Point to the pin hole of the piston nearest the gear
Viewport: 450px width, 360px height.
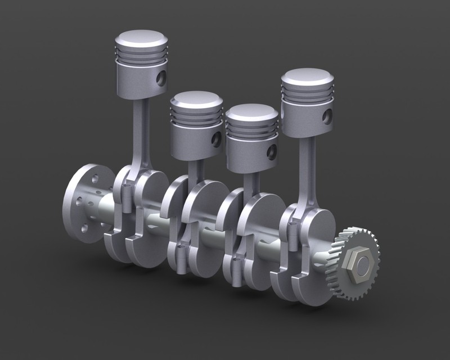pyautogui.click(x=327, y=116)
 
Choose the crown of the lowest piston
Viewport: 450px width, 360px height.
pyautogui.click(x=251, y=113)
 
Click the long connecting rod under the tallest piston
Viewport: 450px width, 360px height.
pyautogui.click(x=142, y=135)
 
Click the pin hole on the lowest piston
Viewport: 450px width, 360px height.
pyautogui.click(x=272, y=151)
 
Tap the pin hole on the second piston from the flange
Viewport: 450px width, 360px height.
pyautogui.click(x=216, y=139)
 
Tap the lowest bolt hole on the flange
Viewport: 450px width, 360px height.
pyautogui.click(x=84, y=228)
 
